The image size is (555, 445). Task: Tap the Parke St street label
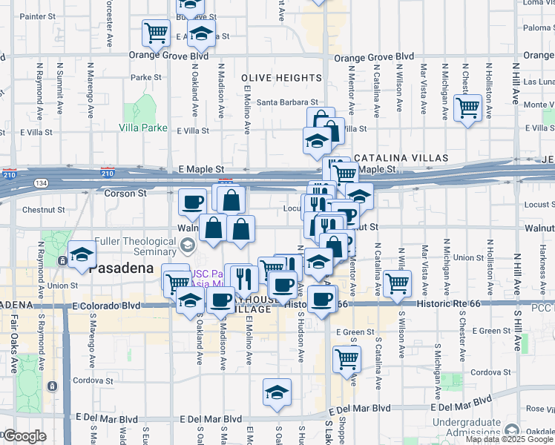point(145,77)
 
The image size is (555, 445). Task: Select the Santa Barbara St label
point(286,103)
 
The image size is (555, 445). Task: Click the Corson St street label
point(129,193)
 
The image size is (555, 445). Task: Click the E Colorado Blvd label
point(106,305)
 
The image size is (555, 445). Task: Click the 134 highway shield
point(39,182)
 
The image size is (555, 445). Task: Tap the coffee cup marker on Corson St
point(193,201)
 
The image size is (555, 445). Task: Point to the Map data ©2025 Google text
point(508,439)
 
